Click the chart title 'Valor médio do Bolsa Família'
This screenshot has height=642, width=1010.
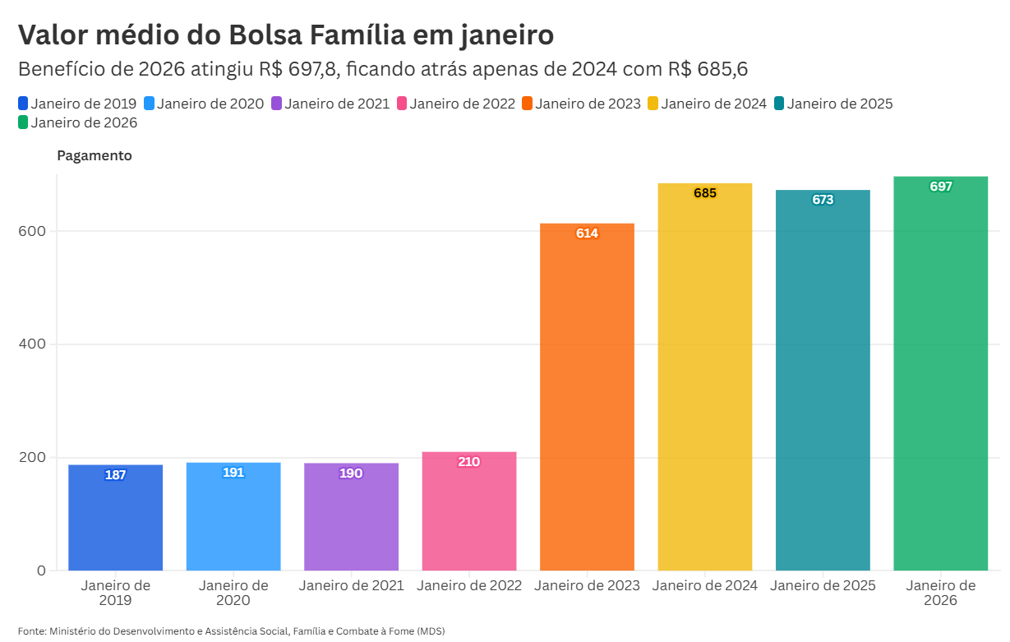[x=285, y=35]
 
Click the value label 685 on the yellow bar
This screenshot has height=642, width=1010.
[x=705, y=193]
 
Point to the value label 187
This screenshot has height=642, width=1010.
[x=116, y=475]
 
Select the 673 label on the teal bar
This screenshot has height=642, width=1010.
[x=823, y=200]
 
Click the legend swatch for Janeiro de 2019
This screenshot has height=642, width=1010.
[x=23, y=104]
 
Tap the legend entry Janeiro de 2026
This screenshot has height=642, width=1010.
[x=84, y=123]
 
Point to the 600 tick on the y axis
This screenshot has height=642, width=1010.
[x=31, y=231]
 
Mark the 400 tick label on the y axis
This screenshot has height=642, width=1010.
[x=31, y=344]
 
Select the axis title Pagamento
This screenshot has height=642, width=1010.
[x=94, y=155]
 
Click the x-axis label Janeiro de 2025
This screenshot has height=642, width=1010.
[x=823, y=586]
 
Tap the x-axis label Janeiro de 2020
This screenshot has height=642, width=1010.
[x=233, y=593]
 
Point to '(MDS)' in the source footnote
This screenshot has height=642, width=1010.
[x=431, y=630]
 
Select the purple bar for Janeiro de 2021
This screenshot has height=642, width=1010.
[x=351, y=517]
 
